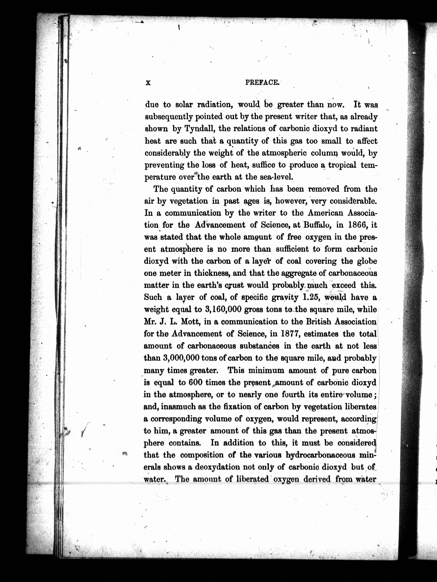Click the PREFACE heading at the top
[262, 82]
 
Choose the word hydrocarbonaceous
[325, 455]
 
